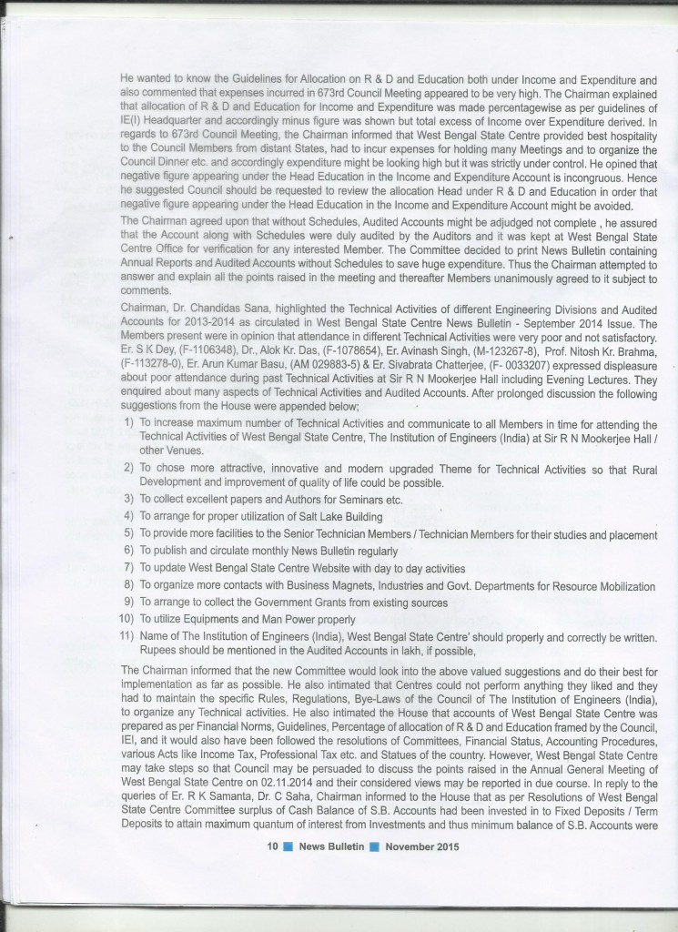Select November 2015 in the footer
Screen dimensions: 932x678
[x=422, y=846]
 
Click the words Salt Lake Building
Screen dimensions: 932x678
[x=330, y=516]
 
